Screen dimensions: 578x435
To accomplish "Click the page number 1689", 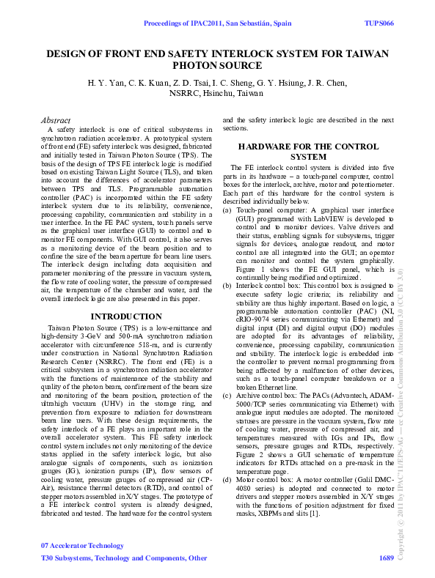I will point(387,558).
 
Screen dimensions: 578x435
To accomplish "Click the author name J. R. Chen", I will point(326,82).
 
